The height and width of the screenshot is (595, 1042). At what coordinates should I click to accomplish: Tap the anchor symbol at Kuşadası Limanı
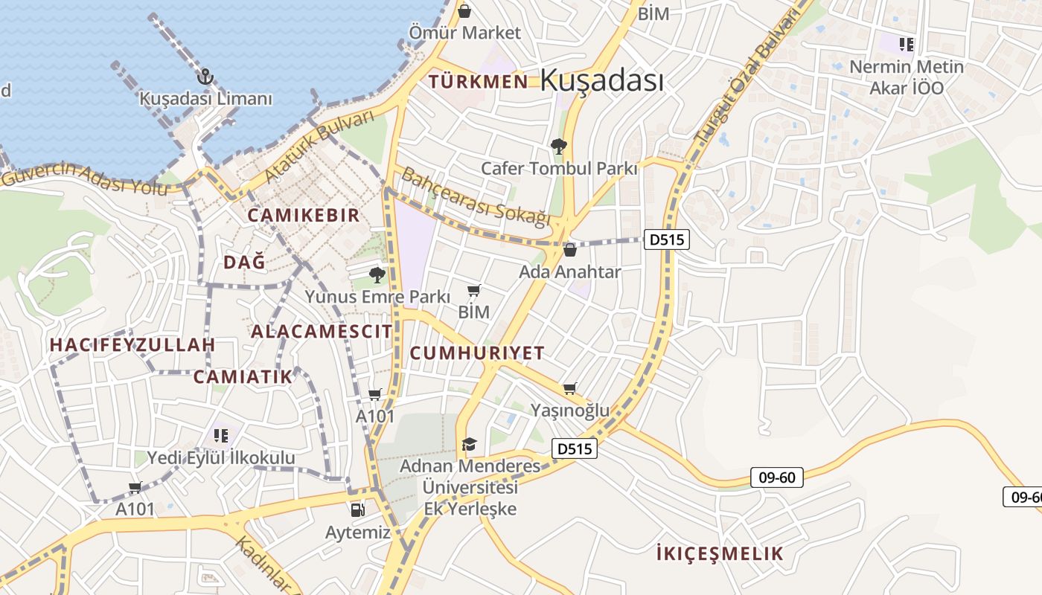(205, 76)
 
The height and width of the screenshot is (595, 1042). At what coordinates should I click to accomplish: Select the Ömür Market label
(465, 33)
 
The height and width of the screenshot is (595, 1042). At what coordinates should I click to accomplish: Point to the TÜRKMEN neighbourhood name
(479, 81)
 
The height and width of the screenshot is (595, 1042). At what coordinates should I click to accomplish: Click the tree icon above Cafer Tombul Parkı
(558, 146)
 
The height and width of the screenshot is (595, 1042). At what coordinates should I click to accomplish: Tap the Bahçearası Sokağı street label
(476, 196)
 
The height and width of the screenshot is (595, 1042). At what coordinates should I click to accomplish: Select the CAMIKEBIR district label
(304, 216)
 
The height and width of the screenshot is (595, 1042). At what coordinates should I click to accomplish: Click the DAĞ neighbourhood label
(244, 262)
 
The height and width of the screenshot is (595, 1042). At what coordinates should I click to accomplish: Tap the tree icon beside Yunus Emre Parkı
(377, 276)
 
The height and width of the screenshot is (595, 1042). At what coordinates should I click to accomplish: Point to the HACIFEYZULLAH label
(132, 345)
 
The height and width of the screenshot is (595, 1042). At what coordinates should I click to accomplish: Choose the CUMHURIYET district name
(477, 353)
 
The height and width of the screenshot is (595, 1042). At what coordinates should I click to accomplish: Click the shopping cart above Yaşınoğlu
(570, 388)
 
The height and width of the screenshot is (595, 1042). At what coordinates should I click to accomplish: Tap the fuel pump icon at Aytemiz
(358, 509)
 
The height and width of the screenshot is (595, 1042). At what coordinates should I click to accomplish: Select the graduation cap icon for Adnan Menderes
(469, 444)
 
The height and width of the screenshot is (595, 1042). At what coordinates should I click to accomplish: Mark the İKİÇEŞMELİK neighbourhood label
(720, 553)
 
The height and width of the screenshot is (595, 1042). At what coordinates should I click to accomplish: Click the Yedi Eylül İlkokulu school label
(221, 458)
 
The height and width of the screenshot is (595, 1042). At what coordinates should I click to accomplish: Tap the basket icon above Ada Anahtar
(570, 250)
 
